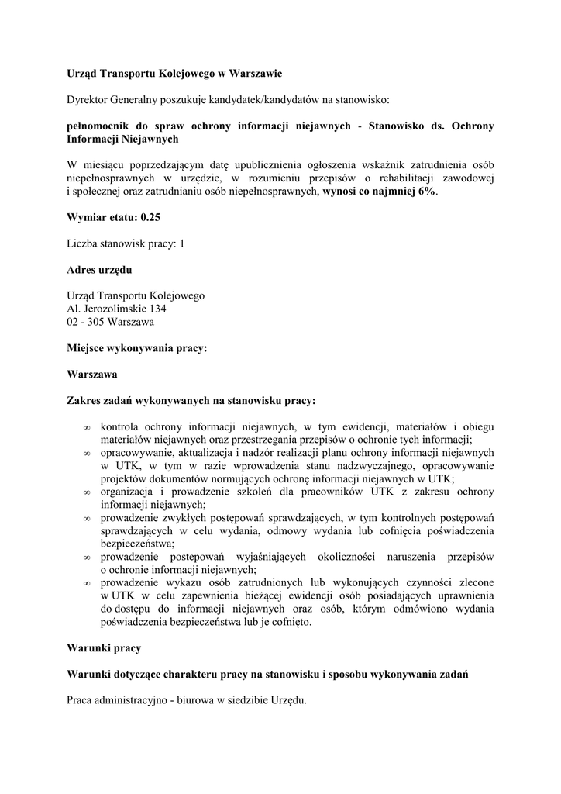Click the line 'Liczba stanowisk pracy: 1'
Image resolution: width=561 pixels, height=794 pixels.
tap(126, 244)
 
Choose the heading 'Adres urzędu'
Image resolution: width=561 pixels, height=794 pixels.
tap(99, 270)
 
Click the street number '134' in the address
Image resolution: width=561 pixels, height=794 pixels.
tap(154, 309)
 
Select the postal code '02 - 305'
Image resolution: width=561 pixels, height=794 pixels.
tap(88, 322)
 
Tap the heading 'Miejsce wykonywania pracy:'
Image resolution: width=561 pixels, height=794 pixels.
tap(137, 349)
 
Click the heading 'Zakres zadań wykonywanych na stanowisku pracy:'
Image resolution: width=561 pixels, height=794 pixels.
tap(191, 401)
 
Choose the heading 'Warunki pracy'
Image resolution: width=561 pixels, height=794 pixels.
tap(104, 647)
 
